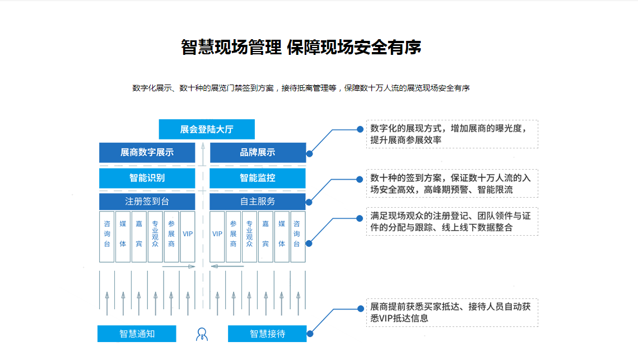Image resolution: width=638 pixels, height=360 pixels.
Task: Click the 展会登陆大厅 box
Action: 207,129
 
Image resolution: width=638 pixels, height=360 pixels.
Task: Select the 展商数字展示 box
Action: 147,152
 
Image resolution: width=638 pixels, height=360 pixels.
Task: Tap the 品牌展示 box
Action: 258,152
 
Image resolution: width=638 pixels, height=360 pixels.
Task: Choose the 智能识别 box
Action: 147,178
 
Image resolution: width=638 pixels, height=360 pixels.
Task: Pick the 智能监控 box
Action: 258,178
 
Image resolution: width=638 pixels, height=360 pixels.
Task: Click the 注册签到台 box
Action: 147,202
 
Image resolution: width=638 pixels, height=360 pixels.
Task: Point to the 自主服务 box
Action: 258,202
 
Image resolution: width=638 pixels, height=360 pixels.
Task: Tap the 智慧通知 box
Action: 137,334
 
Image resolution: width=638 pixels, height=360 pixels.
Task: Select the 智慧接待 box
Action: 267,334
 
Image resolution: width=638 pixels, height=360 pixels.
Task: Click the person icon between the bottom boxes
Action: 202,334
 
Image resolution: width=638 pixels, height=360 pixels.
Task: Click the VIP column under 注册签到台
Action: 188,237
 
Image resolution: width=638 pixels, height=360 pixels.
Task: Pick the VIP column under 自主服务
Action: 217,237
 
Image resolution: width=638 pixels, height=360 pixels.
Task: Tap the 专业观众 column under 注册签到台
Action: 155,237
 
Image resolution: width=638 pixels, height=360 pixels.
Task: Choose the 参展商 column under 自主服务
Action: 233,237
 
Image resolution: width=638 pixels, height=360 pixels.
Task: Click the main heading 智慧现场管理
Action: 231,47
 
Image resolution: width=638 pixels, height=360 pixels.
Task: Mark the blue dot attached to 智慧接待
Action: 310,334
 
